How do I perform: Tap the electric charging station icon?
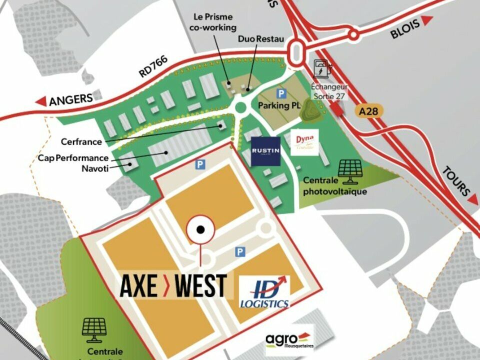321,69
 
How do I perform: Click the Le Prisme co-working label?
212,22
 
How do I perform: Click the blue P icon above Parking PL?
281,93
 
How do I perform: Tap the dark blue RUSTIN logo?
265,150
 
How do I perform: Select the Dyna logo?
304,142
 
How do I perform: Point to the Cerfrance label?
81,141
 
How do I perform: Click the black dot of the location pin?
200,229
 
